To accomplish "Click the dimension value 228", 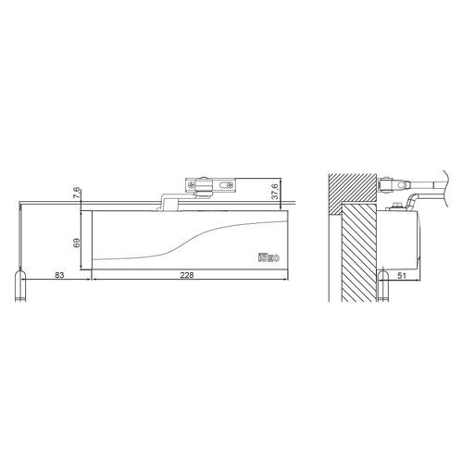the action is [187, 275].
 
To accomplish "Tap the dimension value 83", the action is [59, 275].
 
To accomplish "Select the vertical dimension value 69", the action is [77, 243].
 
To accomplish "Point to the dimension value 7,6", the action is [77, 194].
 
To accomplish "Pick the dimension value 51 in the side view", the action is [401, 276].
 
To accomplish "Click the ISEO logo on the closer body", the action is [269, 257].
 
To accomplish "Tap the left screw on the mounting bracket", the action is [192, 185].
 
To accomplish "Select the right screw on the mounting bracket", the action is [231, 185].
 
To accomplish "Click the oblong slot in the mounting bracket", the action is [223, 185].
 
